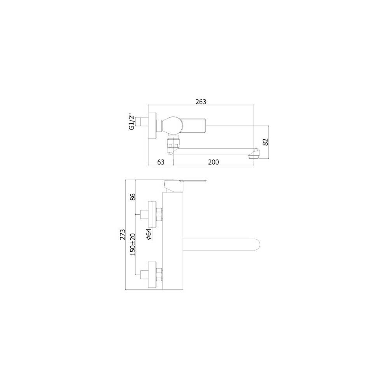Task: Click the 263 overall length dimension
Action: [x=201, y=102]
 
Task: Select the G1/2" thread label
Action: [x=132, y=122]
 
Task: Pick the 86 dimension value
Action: [x=132, y=197]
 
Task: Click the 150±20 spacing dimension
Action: [x=132, y=244]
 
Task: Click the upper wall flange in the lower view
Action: [x=153, y=213]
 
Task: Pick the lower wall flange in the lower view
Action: [x=153, y=275]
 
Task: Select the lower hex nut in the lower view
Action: [x=159, y=275]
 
